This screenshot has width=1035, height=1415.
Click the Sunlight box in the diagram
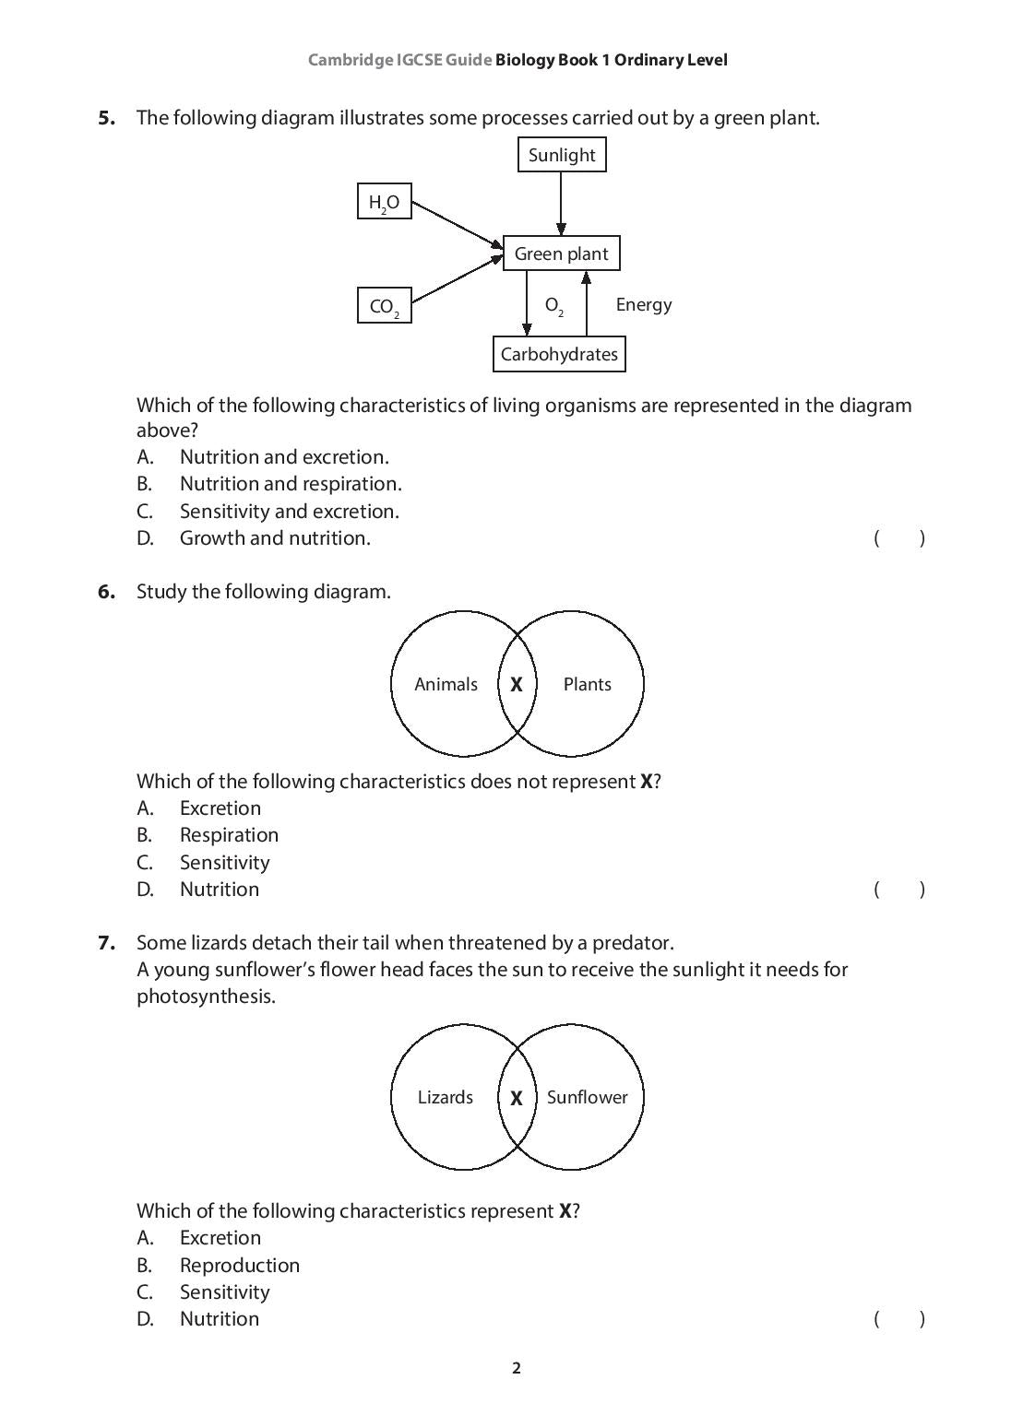click(561, 155)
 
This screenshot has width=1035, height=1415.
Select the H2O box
click(384, 202)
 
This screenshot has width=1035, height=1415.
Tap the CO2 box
click(384, 306)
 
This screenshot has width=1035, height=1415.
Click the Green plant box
click(561, 254)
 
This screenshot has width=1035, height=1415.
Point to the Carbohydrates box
click(559, 354)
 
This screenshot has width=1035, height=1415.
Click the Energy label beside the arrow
click(643, 304)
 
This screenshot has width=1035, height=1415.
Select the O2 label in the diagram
click(553, 305)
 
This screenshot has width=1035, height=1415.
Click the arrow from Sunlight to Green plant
click(561, 203)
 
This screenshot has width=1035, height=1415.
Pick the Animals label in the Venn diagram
click(446, 684)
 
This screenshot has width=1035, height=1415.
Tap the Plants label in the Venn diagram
click(587, 684)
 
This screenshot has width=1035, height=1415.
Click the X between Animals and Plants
click(517, 684)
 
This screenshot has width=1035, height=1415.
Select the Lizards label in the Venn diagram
click(445, 1097)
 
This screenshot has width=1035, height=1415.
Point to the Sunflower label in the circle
click(587, 1097)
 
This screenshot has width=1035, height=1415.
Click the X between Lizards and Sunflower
click(517, 1098)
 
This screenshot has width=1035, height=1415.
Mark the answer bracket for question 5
click(898, 538)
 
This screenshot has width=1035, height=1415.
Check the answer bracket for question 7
click(898, 1319)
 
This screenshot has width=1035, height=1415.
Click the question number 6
click(107, 592)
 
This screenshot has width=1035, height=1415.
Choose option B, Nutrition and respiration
click(291, 484)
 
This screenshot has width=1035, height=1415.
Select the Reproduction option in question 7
click(240, 1265)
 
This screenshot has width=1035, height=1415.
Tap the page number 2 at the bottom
click(517, 1368)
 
